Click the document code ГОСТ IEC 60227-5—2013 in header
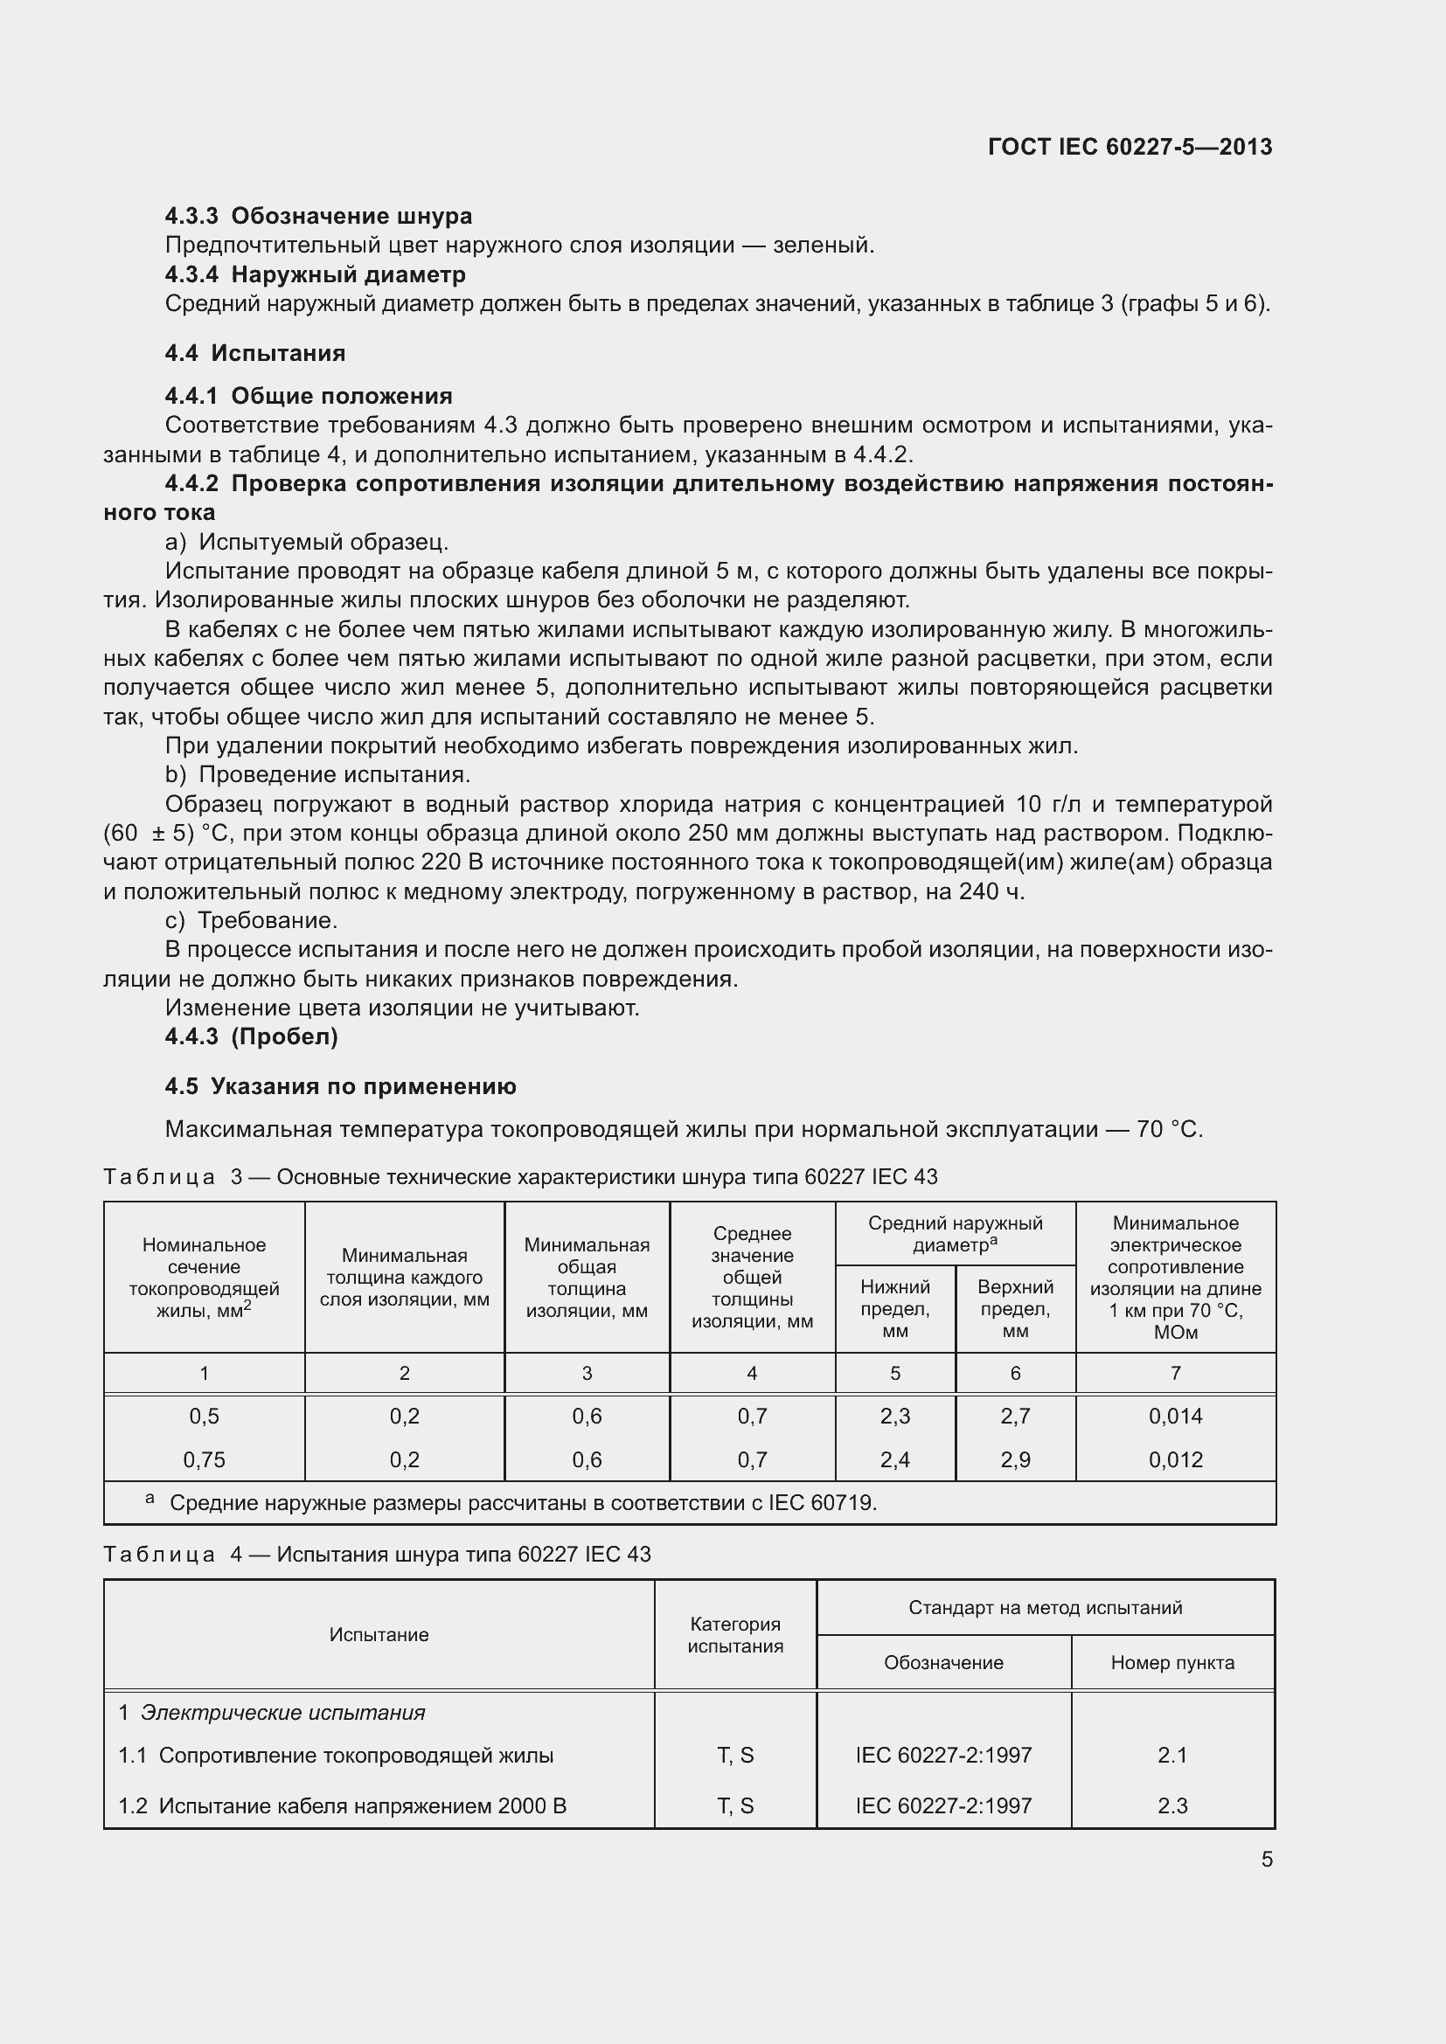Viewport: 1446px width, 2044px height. coord(1129,147)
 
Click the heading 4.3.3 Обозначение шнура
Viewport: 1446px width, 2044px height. coord(318,216)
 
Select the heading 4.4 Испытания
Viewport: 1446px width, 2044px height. coord(254,352)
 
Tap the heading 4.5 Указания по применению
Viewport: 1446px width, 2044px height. coord(340,1086)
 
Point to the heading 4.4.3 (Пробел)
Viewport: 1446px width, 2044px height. coord(251,1036)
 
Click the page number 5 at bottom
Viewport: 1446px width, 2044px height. coord(1266,1859)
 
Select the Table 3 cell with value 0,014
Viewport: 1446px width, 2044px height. coord(1174,1416)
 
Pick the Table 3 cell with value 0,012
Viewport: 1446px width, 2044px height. coord(1174,1459)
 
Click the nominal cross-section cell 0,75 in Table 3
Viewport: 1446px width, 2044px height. coord(204,1459)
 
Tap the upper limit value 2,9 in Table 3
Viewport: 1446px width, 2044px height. coord(1014,1459)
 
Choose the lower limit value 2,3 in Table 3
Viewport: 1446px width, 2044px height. coord(894,1416)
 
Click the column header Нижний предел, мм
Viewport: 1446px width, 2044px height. coord(894,1308)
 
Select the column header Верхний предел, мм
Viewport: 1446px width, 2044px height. coord(1014,1308)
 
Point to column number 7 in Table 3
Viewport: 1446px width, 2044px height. coord(1174,1373)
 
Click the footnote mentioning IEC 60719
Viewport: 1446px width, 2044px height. coord(523,1503)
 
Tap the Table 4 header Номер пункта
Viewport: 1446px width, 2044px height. coord(1171,1662)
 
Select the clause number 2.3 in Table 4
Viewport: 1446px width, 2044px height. coord(1171,1805)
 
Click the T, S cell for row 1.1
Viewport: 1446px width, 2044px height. coord(734,1755)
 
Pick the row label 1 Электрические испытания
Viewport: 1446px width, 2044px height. coord(272,1712)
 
